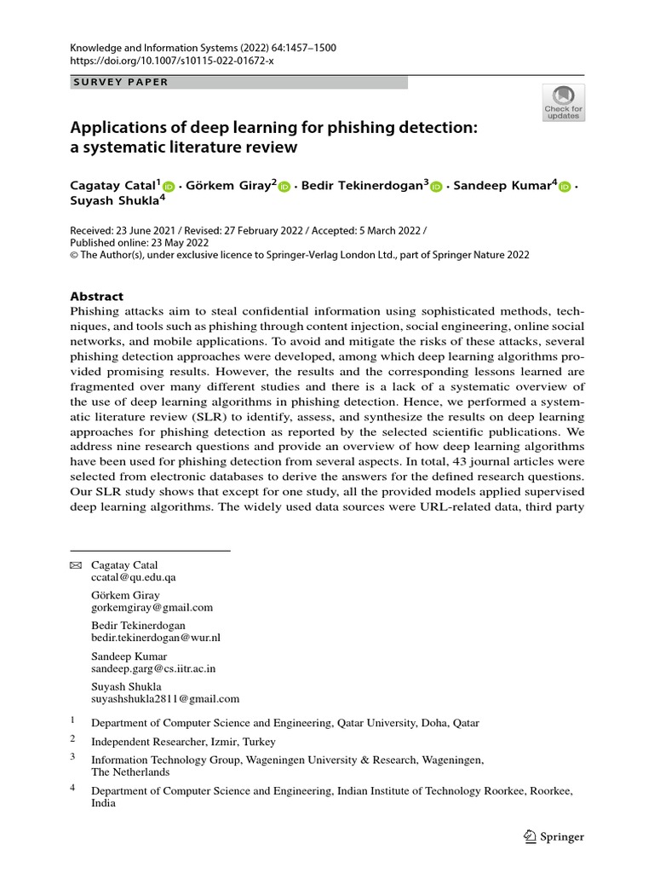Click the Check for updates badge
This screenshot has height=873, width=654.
(564, 102)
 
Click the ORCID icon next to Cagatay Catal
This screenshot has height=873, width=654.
(168, 187)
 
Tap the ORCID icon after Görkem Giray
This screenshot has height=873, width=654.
(284, 187)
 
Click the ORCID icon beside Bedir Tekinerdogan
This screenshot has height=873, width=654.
(437, 187)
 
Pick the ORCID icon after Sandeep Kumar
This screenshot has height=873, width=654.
(565, 187)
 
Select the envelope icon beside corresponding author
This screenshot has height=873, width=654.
(76, 565)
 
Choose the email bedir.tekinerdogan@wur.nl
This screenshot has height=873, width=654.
(156, 638)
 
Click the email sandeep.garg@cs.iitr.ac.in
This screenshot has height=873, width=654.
(153, 668)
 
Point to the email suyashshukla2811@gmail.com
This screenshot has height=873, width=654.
(165, 698)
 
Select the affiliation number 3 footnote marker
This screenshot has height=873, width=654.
(73, 755)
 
